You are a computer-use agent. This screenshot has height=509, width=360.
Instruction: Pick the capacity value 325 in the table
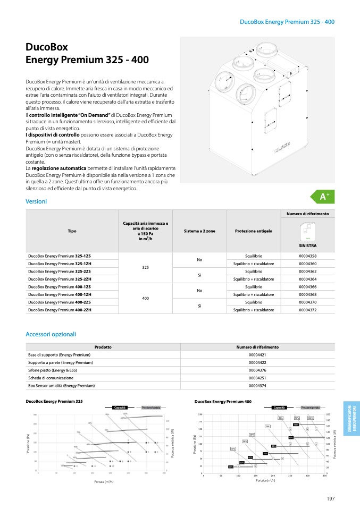tap(145, 267)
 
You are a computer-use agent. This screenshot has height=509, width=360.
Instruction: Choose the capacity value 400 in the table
tap(145, 298)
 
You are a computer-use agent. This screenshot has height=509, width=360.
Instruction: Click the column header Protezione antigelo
tap(253, 231)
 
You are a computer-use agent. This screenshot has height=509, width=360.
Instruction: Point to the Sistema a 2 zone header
tap(199, 231)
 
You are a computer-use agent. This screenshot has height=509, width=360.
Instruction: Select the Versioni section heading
tap(36, 201)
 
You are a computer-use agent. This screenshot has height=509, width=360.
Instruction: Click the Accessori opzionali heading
tap(51, 334)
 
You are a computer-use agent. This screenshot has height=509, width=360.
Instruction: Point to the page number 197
tap(331, 498)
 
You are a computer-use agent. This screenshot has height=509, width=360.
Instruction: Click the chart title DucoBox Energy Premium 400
tap(223, 402)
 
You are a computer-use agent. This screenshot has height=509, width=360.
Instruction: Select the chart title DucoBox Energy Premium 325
tap(54, 401)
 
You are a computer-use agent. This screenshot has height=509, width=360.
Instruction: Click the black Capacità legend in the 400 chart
tap(280, 408)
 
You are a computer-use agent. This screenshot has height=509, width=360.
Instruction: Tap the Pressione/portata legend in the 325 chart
tap(151, 407)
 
